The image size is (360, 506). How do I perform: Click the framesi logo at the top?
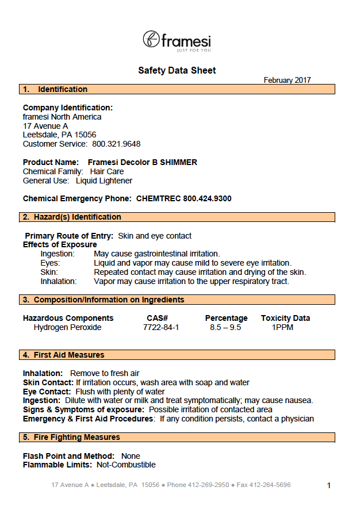pyautogui.click(x=177, y=40)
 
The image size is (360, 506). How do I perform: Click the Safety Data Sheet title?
pyautogui.click(x=177, y=70)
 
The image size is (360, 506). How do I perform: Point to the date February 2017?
pyautogui.click(x=287, y=80)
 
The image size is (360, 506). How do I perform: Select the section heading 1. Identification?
pyautogui.click(x=55, y=89)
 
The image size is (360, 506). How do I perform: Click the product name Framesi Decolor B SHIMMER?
pyautogui.click(x=143, y=162)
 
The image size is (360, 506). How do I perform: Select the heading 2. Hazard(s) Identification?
pyautogui.click(x=72, y=217)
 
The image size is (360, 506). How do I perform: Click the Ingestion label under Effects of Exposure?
pyautogui.click(x=58, y=254)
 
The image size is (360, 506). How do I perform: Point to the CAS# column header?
pyautogui.click(x=157, y=318)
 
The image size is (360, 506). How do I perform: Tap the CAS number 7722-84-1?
pyautogui.click(x=161, y=327)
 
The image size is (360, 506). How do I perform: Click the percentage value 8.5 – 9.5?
pyautogui.click(x=225, y=327)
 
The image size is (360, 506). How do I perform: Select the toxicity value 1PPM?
pyautogui.click(x=282, y=327)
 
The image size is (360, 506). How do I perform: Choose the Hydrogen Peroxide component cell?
pyautogui.click(x=67, y=327)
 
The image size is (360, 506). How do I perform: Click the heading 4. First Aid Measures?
pyautogui.click(x=64, y=355)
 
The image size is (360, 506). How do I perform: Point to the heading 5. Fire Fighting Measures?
pyautogui.click(x=71, y=437)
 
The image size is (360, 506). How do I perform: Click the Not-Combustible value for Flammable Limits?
pyautogui.click(x=126, y=465)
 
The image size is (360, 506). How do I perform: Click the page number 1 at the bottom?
pyautogui.click(x=329, y=486)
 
